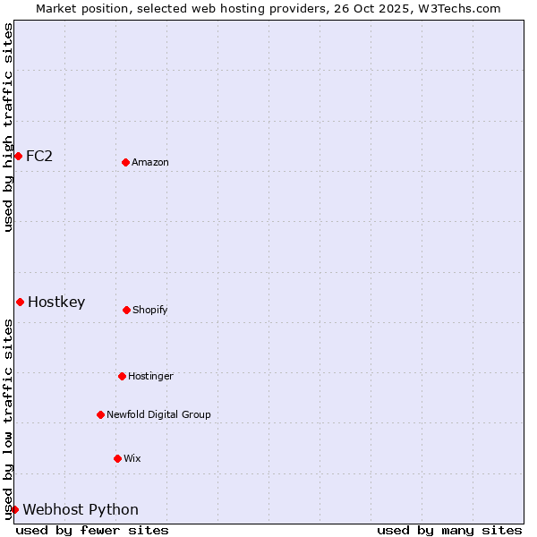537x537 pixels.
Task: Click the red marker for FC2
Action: click(x=18, y=156)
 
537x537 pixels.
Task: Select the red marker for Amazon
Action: click(x=125, y=162)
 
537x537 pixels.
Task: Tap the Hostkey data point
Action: click(x=20, y=302)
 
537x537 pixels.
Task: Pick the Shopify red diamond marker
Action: click(x=126, y=310)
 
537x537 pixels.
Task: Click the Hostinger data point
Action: click(x=122, y=376)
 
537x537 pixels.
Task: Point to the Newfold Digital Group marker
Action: click(x=100, y=414)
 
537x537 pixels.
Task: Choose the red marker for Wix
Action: click(x=117, y=458)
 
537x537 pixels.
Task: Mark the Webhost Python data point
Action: click(x=14, y=509)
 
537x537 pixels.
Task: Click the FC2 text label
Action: click(x=39, y=156)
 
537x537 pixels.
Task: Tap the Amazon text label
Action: click(x=150, y=162)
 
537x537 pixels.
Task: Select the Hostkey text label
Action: click(x=56, y=302)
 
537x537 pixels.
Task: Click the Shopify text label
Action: click(x=150, y=310)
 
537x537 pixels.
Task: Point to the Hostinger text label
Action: click(x=150, y=376)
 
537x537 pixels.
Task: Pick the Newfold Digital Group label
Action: click(x=158, y=414)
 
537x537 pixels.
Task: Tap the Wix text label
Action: click(x=132, y=458)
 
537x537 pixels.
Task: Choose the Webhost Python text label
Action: click(x=81, y=509)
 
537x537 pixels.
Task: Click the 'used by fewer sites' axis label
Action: click(x=92, y=530)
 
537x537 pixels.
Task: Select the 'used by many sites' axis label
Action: click(x=449, y=530)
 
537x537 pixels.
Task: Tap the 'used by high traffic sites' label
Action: click(x=8, y=127)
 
